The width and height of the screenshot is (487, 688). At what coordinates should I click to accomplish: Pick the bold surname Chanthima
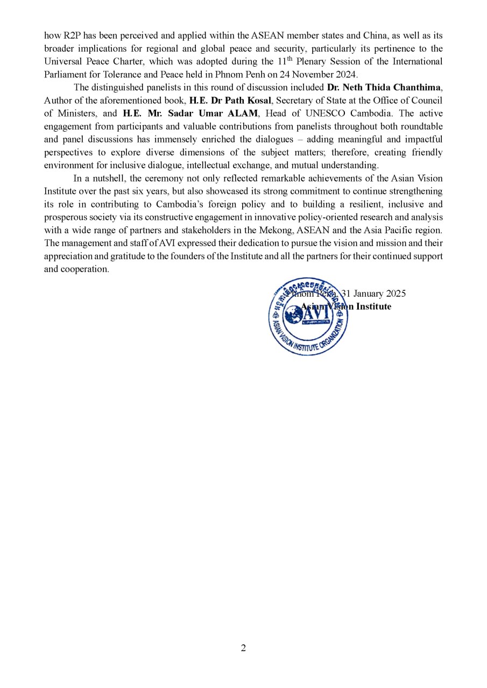coord(418,87)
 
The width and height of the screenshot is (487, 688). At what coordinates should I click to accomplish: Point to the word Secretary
coord(296,100)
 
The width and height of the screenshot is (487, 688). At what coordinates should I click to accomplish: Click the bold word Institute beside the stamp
coord(373,306)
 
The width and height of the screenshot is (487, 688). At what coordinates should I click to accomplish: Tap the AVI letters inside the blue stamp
coord(308,315)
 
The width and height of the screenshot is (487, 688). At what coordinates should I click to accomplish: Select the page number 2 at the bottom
coord(243,648)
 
